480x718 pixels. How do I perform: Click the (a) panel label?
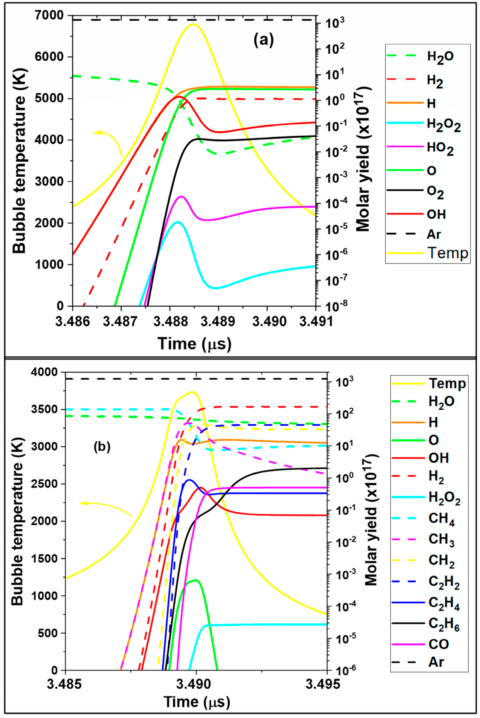[264, 40]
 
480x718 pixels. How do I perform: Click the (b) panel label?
[102, 447]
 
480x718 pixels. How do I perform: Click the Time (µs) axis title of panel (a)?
[194, 344]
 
